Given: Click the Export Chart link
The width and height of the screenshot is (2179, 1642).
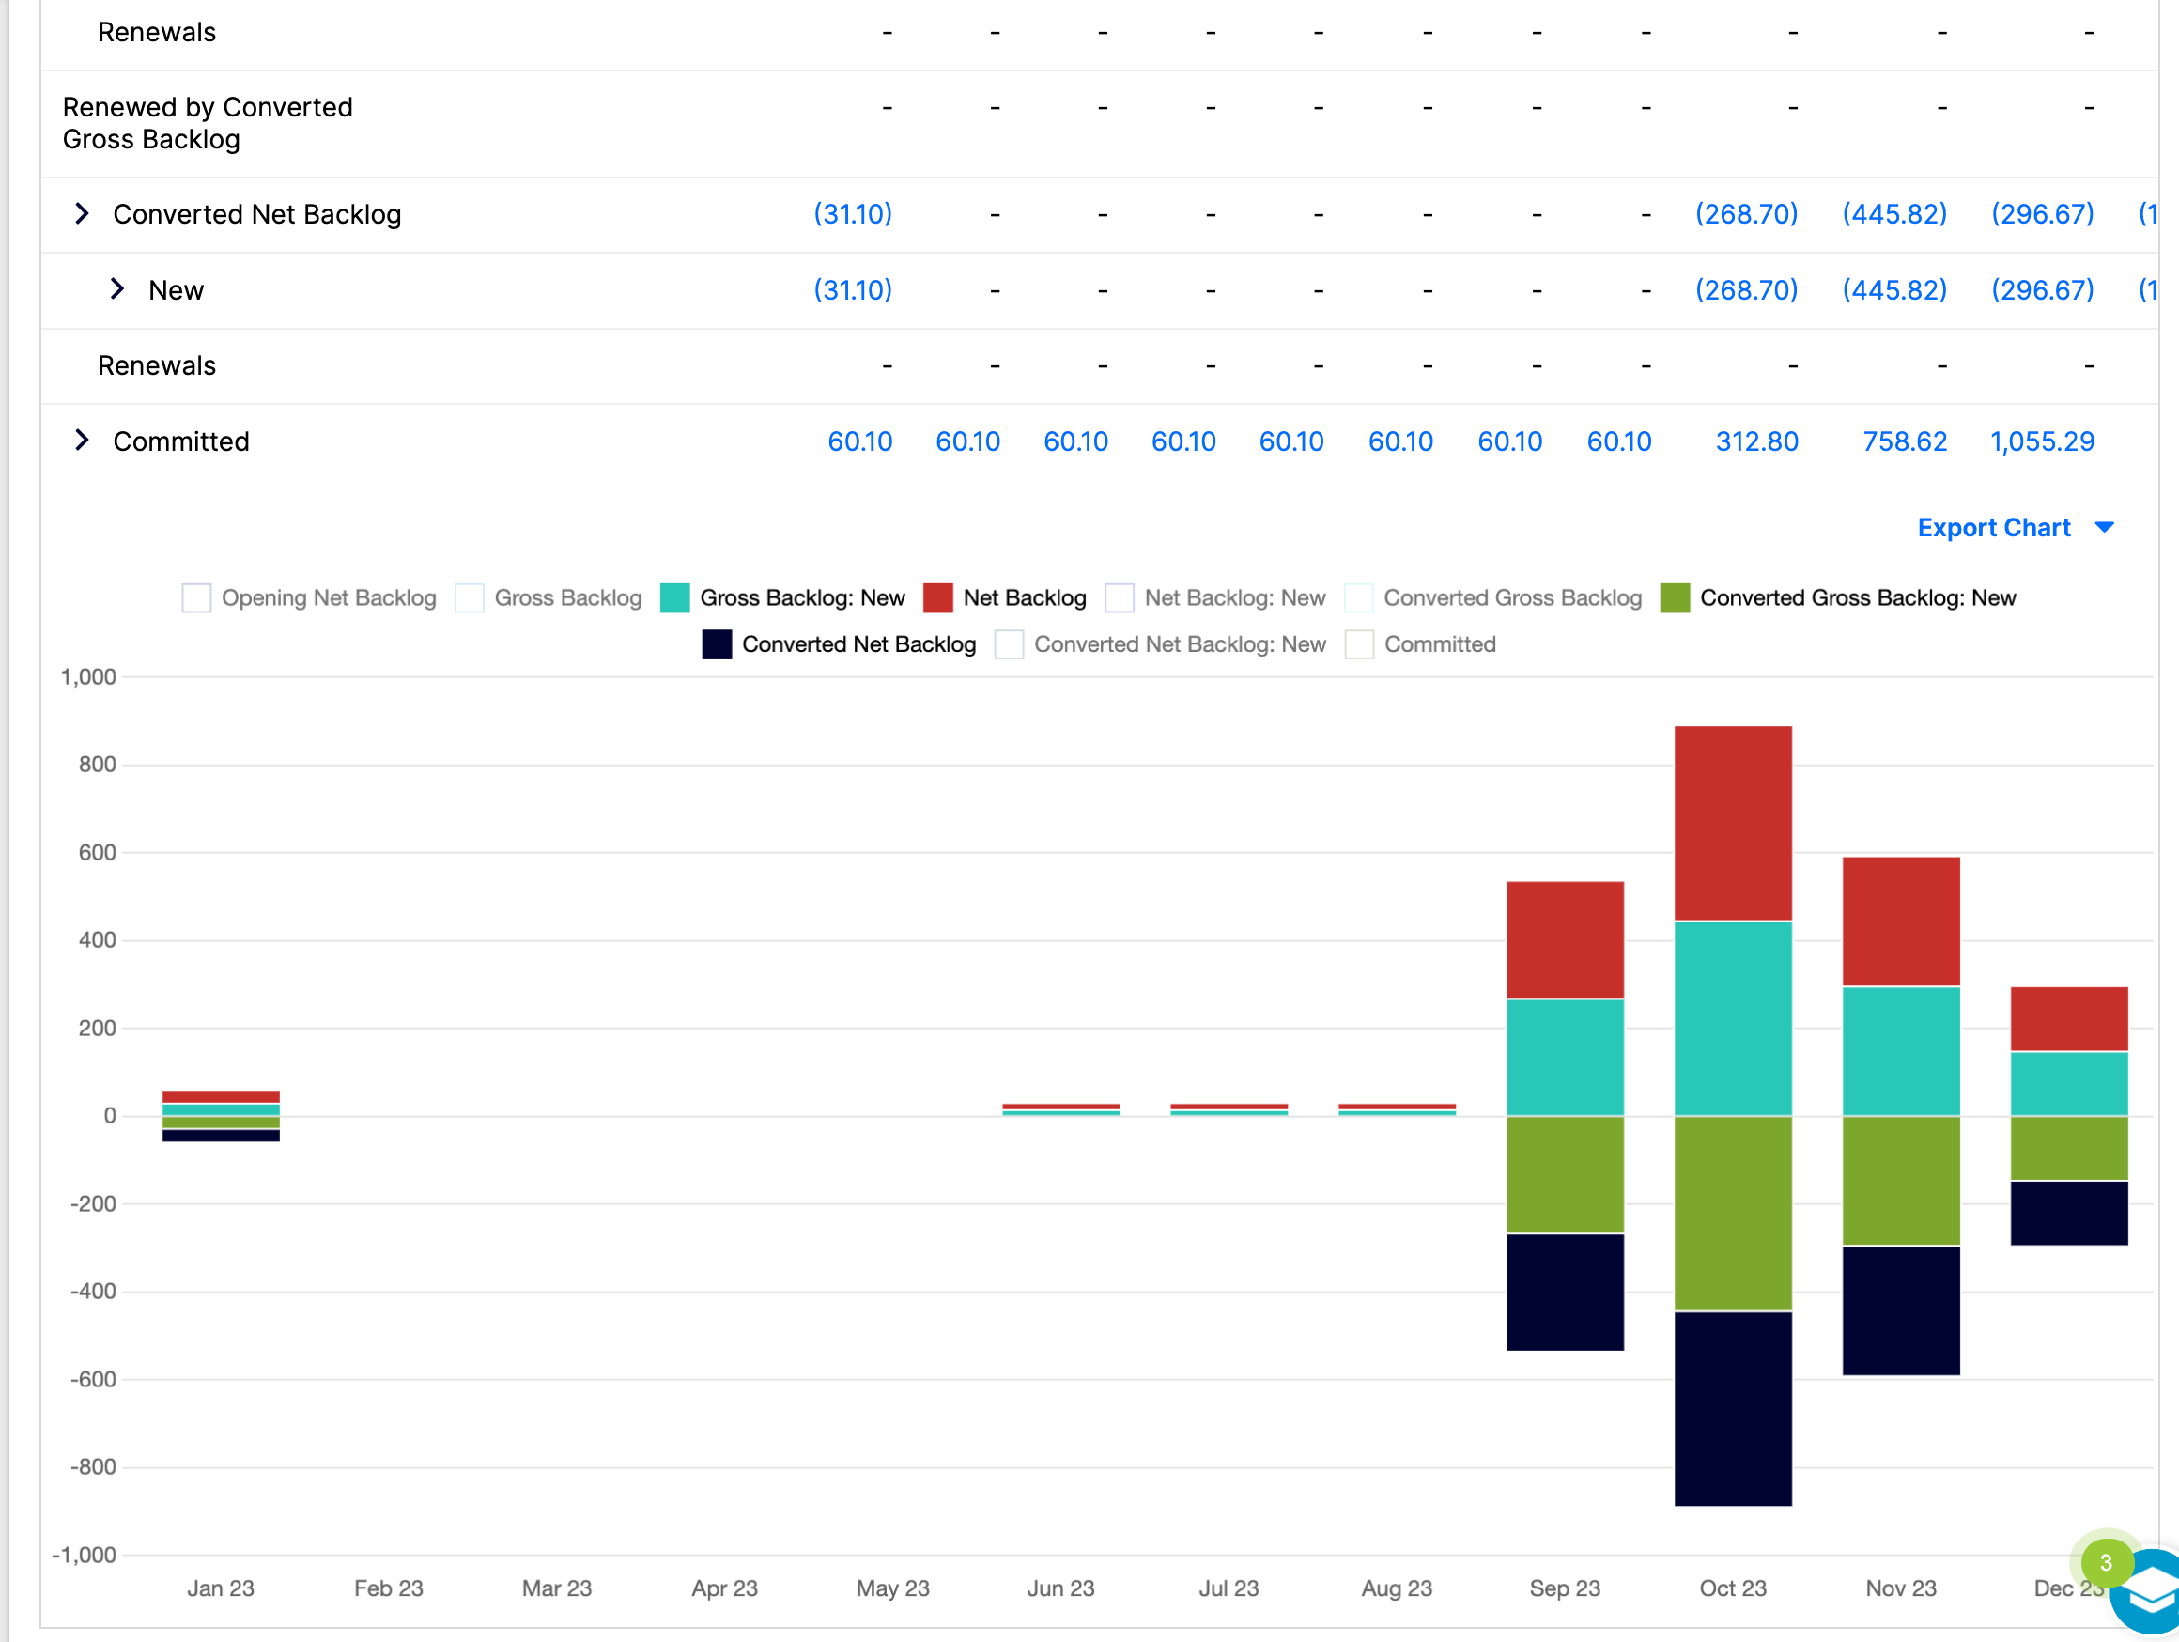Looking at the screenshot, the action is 1994,528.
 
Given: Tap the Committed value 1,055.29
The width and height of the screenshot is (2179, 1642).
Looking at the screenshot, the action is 2042,441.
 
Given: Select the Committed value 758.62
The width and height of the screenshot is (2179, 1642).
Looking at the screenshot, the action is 1904,441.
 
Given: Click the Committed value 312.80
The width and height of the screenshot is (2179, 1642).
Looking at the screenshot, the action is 1756,441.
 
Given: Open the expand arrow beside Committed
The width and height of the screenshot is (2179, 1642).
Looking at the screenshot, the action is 83,441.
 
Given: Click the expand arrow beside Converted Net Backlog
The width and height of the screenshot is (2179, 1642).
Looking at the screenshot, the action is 83,214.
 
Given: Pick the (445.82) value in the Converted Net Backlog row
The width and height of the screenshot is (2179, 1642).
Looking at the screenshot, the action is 1894,215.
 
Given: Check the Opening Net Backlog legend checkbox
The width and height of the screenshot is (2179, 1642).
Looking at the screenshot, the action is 196,597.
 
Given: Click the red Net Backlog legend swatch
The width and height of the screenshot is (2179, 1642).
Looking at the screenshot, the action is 937,597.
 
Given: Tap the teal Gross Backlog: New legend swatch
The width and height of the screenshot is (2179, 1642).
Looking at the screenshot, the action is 674,597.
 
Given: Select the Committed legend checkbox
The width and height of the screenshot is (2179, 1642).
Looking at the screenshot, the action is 1359,644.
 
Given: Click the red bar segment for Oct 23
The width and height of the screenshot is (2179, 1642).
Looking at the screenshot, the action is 1733,824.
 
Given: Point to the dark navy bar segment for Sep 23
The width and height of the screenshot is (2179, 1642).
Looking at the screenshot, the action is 1566,1293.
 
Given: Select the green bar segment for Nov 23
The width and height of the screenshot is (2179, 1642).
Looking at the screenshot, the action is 1901,1181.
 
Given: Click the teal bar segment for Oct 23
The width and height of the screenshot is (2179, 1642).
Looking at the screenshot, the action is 1733,1018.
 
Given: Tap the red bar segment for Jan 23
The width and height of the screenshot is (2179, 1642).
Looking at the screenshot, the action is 221,1096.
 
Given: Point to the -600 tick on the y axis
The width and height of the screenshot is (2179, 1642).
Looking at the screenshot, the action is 94,1379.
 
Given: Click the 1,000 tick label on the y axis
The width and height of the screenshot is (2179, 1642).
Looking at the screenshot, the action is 88,676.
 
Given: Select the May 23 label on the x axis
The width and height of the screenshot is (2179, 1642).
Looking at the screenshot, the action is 892,1588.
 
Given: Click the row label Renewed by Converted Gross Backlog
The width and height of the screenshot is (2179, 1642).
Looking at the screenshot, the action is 207,123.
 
